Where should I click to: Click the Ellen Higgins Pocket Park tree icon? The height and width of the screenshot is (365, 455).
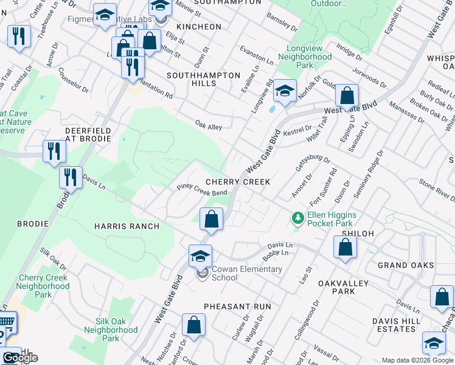pyautogui.click(x=297, y=217)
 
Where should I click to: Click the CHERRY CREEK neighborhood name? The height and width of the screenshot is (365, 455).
pyautogui.click(x=237, y=182)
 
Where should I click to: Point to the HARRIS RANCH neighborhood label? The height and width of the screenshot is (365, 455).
pyautogui.click(x=127, y=226)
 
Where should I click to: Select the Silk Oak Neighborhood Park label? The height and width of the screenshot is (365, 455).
pyautogui.click(x=116, y=329)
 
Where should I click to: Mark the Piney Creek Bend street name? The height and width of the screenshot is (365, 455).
pyautogui.click(x=201, y=190)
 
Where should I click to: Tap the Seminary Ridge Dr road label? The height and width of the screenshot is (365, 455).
pyautogui.click(x=369, y=175)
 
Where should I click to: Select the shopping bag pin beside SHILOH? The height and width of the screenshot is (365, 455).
pyautogui.click(x=345, y=247)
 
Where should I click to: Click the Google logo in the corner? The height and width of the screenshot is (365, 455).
pyautogui.click(x=19, y=358)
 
